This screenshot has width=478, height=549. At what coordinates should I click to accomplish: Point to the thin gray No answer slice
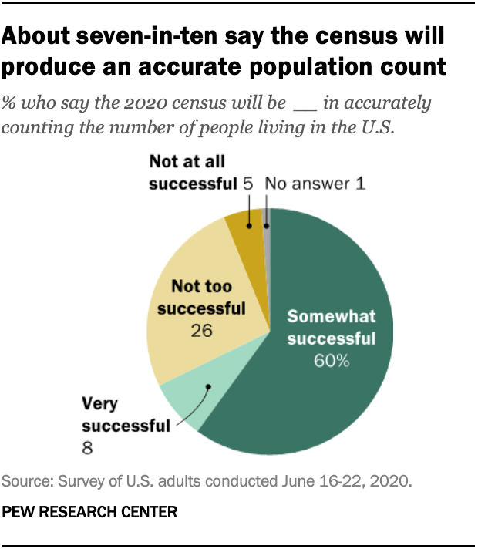click(x=267, y=220)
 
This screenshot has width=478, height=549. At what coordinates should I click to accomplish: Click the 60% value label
click(x=331, y=361)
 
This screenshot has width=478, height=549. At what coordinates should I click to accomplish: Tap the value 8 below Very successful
click(x=87, y=446)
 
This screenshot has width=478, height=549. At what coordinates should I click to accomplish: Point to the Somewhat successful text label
click(x=331, y=328)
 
